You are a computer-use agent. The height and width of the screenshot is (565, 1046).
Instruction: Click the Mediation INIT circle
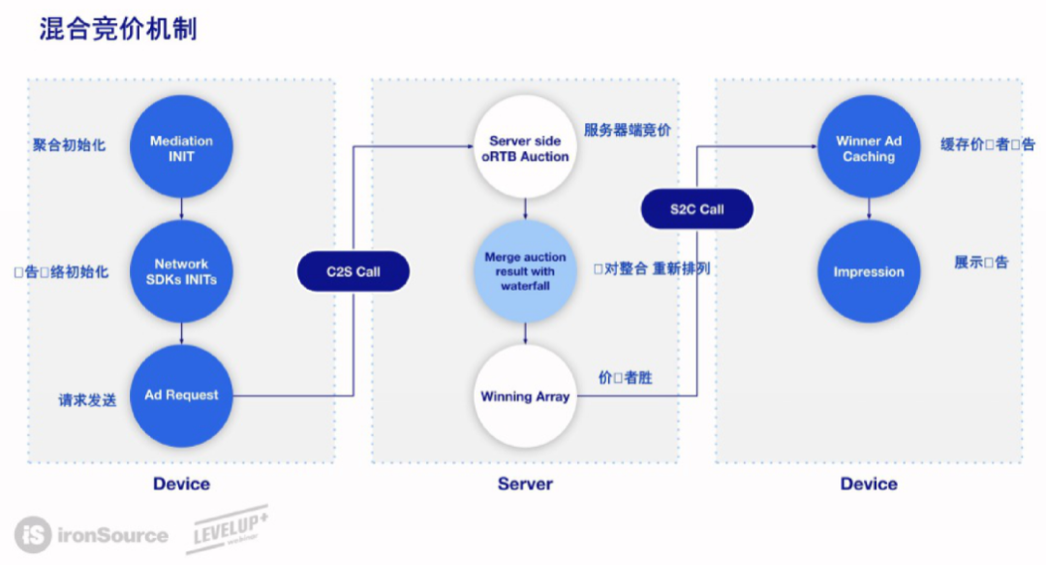[x=181, y=148]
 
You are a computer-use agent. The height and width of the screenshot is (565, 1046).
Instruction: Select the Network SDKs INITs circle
[x=181, y=271]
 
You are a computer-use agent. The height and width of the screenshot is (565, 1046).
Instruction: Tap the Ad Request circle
[x=181, y=395]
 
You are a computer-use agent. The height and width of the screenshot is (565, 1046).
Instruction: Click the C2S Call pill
[x=353, y=272]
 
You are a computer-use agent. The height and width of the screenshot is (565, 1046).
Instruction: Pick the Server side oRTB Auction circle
[x=525, y=148]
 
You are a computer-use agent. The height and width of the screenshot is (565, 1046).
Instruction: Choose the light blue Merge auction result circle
[x=525, y=271]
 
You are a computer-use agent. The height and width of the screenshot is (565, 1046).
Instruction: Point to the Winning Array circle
[x=525, y=396]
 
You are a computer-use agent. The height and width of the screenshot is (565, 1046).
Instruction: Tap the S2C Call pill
[x=696, y=209]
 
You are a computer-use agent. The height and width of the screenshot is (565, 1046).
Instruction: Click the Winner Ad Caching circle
[x=869, y=148]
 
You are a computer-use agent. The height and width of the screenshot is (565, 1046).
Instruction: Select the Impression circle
[x=869, y=272]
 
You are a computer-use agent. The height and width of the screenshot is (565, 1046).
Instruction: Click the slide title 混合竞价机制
[x=118, y=28]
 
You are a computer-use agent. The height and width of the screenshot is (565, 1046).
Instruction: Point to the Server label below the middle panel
[x=525, y=484]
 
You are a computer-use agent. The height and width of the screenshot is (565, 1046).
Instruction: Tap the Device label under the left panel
[x=181, y=484]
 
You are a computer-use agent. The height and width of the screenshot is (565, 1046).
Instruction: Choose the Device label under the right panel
[x=869, y=484]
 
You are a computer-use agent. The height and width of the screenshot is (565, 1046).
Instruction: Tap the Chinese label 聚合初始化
[x=69, y=145]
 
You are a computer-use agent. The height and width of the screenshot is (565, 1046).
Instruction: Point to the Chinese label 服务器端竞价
[x=627, y=130]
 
